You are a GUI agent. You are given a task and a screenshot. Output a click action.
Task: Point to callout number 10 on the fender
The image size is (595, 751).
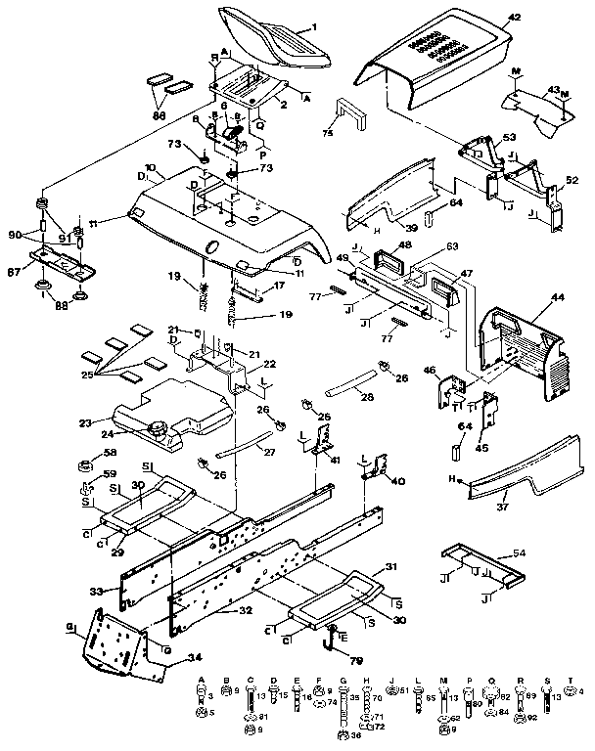pyautogui.click(x=150, y=169)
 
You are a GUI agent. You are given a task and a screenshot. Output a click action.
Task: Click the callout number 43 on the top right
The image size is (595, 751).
pyautogui.click(x=553, y=91)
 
